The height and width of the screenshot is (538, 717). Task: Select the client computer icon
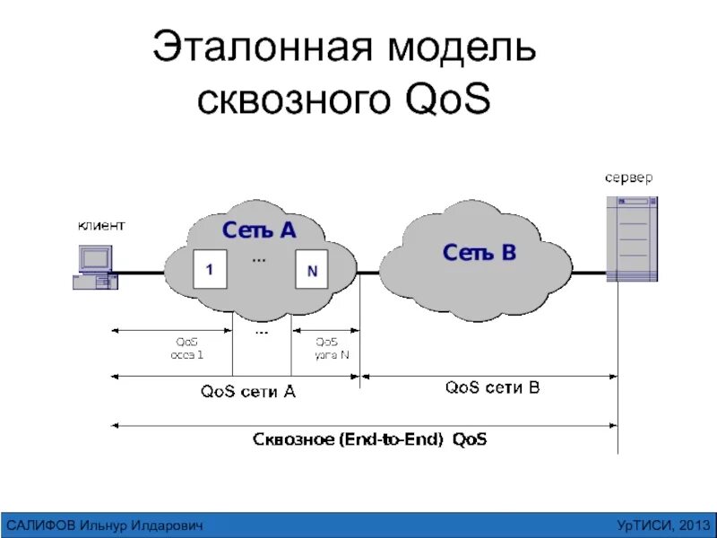94,266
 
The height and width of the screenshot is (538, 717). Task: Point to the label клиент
100,225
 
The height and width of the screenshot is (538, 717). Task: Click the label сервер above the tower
628,177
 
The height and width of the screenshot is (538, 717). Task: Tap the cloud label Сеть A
259,230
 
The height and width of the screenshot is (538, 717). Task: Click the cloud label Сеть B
479,253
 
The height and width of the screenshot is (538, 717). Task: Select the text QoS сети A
248,391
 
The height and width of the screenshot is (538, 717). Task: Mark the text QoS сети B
492,388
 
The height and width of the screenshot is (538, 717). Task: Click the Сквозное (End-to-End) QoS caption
370,439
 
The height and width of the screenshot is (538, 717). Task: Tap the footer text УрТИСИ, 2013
664,524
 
